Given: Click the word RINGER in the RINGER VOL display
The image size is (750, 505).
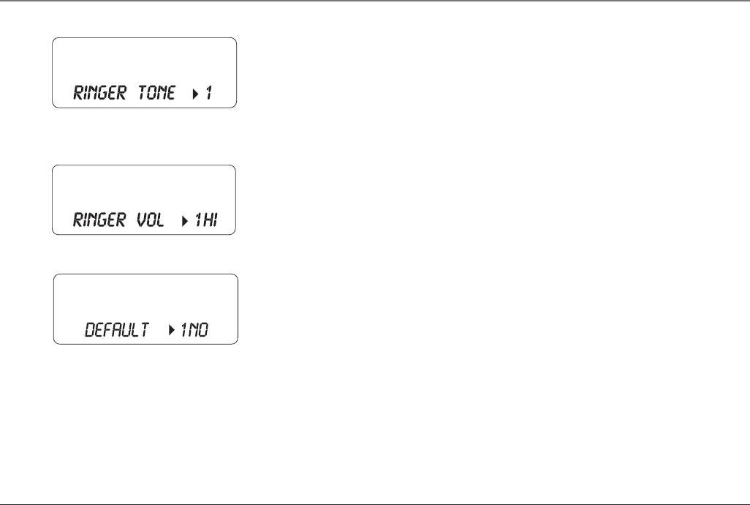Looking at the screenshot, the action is coord(99,220).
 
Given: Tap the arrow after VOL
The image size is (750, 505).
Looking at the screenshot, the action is coord(184,221).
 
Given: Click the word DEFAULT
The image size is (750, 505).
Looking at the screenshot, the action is coord(117,331).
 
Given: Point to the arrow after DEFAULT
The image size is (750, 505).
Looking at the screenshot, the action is coord(173,332).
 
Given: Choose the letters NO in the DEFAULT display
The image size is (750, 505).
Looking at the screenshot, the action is coord(200,331).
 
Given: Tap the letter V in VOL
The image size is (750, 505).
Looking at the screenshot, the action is coord(140,220).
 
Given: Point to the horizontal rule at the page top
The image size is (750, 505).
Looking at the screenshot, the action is coord(375,1).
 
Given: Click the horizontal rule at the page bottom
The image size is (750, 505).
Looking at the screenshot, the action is coord(375,504).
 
